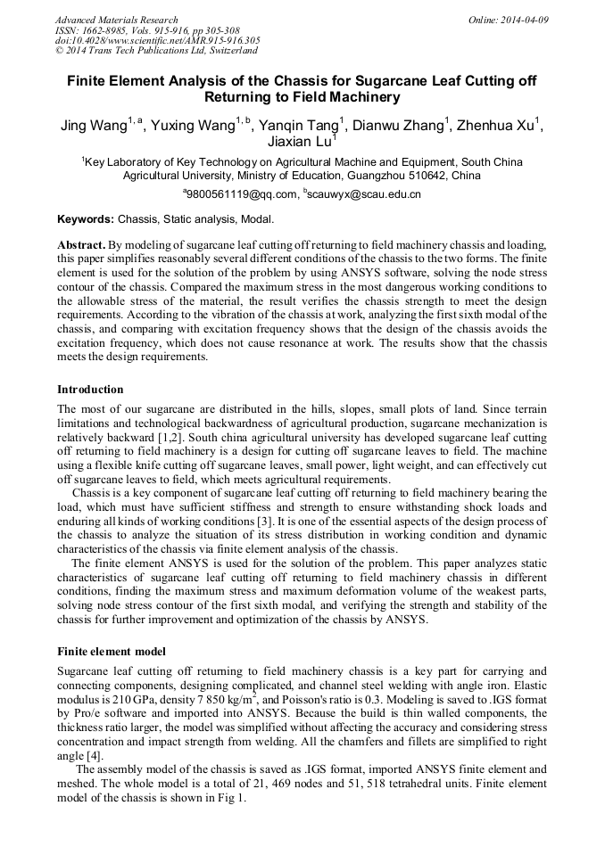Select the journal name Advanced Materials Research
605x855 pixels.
116,20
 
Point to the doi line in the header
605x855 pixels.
157,40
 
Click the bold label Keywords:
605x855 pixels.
86,219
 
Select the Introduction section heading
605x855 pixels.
90,390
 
